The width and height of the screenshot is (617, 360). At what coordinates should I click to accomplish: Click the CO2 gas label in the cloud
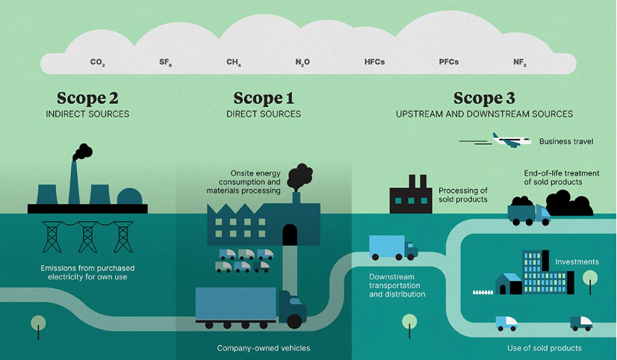tap(97, 63)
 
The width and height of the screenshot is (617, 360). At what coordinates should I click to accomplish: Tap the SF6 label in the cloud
tap(166, 63)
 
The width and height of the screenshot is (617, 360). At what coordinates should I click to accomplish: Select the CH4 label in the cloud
tap(234, 63)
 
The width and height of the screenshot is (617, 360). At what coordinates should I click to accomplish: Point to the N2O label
tap(303, 63)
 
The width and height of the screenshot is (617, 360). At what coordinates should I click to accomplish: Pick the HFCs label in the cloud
tap(374, 62)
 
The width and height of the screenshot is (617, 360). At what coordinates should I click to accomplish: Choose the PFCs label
tap(449, 62)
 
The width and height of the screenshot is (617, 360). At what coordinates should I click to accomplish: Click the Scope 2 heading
tap(87, 98)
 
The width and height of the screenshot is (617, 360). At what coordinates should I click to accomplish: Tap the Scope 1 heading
tap(264, 98)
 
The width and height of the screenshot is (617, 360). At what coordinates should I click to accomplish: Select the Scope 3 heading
tap(484, 98)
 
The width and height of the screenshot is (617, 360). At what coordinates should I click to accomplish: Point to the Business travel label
tap(566, 141)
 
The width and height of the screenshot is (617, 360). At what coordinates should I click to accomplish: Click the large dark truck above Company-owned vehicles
tap(250, 306)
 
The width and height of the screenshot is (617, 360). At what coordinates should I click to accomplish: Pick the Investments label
tap(577, 262)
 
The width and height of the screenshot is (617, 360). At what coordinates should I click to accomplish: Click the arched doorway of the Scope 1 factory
tap(290, 235)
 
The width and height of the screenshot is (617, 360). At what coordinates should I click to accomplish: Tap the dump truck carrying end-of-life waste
tap(528, 213)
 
